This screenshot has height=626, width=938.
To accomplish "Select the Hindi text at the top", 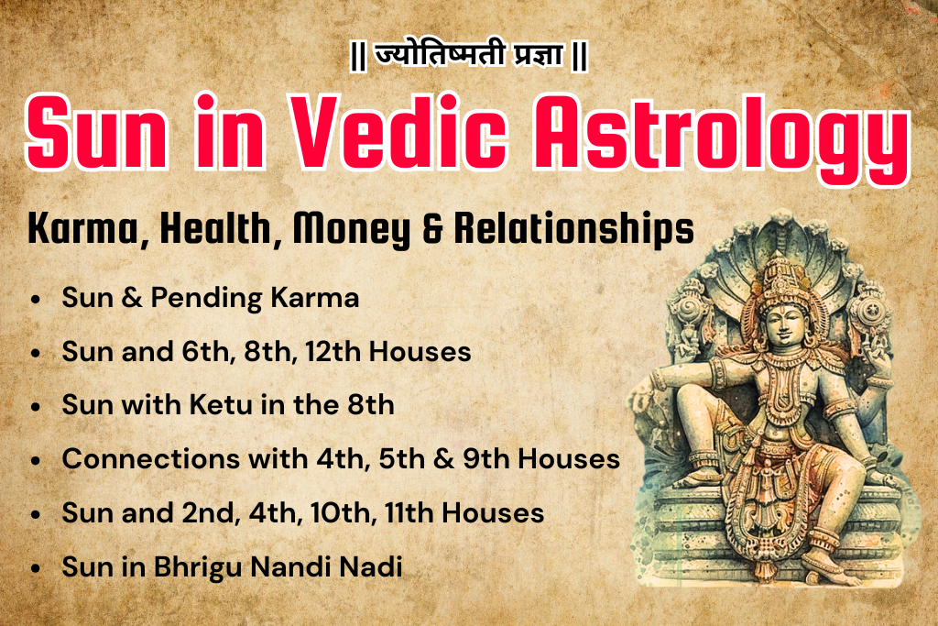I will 468,56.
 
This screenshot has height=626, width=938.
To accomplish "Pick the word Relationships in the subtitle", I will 569,230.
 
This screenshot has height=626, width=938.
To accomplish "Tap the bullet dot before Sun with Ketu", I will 36,406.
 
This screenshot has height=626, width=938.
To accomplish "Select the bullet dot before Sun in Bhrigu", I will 36,567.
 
